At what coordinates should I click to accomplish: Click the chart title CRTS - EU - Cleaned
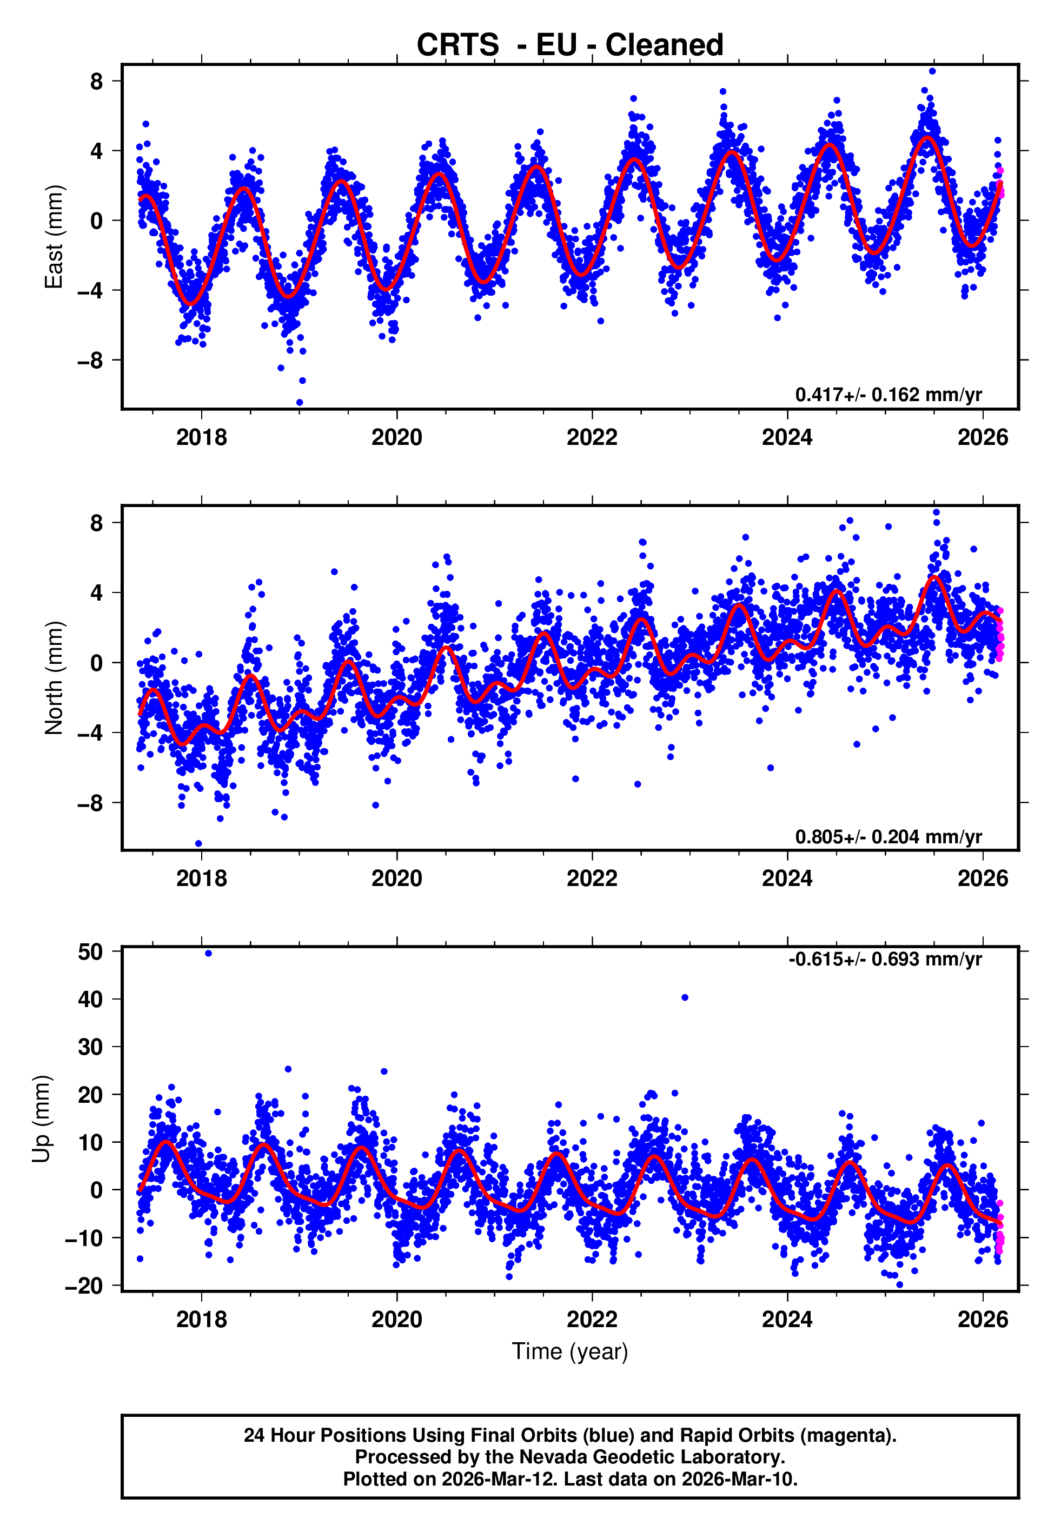click(x=570, y=45)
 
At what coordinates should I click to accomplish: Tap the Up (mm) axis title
click(x=41, y=1119)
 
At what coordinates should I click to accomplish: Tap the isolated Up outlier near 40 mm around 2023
click(x=685, y=997)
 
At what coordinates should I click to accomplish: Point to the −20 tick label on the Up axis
click(x=84, y=1285)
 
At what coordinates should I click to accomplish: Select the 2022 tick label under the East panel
click(x=592, y=437)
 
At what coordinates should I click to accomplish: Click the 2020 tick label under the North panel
click(x=396, y=878)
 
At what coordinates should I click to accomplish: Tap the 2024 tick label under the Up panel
click(x=787, y=1319)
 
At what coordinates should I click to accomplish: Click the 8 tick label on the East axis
click(x=97, y=82)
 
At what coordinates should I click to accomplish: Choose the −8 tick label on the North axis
click(x=90, y=803)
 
